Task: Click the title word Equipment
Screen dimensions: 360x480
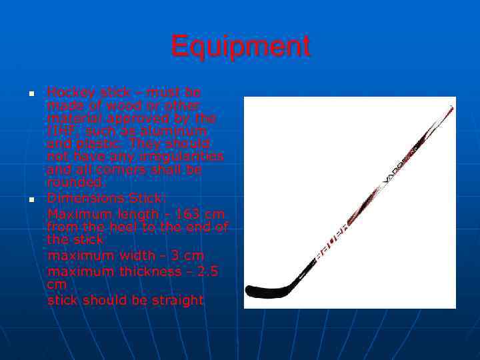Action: [x=240, y=47]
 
